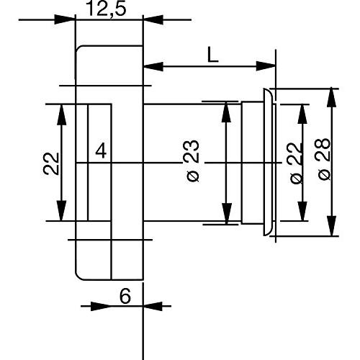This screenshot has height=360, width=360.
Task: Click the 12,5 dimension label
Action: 106,9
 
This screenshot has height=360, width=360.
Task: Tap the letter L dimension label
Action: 212,55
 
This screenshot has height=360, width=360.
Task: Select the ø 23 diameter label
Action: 193,161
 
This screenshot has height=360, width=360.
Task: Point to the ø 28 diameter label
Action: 325,159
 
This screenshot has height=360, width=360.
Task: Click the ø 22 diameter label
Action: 296,163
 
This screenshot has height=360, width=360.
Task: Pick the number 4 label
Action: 101,151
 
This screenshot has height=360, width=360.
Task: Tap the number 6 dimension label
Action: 125,296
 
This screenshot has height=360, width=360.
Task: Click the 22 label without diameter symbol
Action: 51,163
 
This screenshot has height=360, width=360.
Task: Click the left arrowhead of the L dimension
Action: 153,66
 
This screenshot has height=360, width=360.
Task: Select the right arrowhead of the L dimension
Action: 266,66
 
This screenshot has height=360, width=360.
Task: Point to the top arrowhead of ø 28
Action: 331,97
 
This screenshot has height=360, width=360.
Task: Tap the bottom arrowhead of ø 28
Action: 331,226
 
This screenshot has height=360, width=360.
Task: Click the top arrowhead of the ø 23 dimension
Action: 226,112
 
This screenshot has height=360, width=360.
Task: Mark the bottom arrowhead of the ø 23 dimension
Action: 226,214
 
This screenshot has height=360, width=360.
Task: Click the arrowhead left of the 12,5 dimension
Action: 65,19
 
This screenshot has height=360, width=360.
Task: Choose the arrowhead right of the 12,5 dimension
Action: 153,19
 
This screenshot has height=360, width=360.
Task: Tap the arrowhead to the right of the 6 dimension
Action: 153,306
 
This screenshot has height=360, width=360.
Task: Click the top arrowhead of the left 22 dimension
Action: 62,114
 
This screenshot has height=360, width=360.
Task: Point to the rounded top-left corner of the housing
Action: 79,49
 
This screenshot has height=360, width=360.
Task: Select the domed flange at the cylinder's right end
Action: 268,162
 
